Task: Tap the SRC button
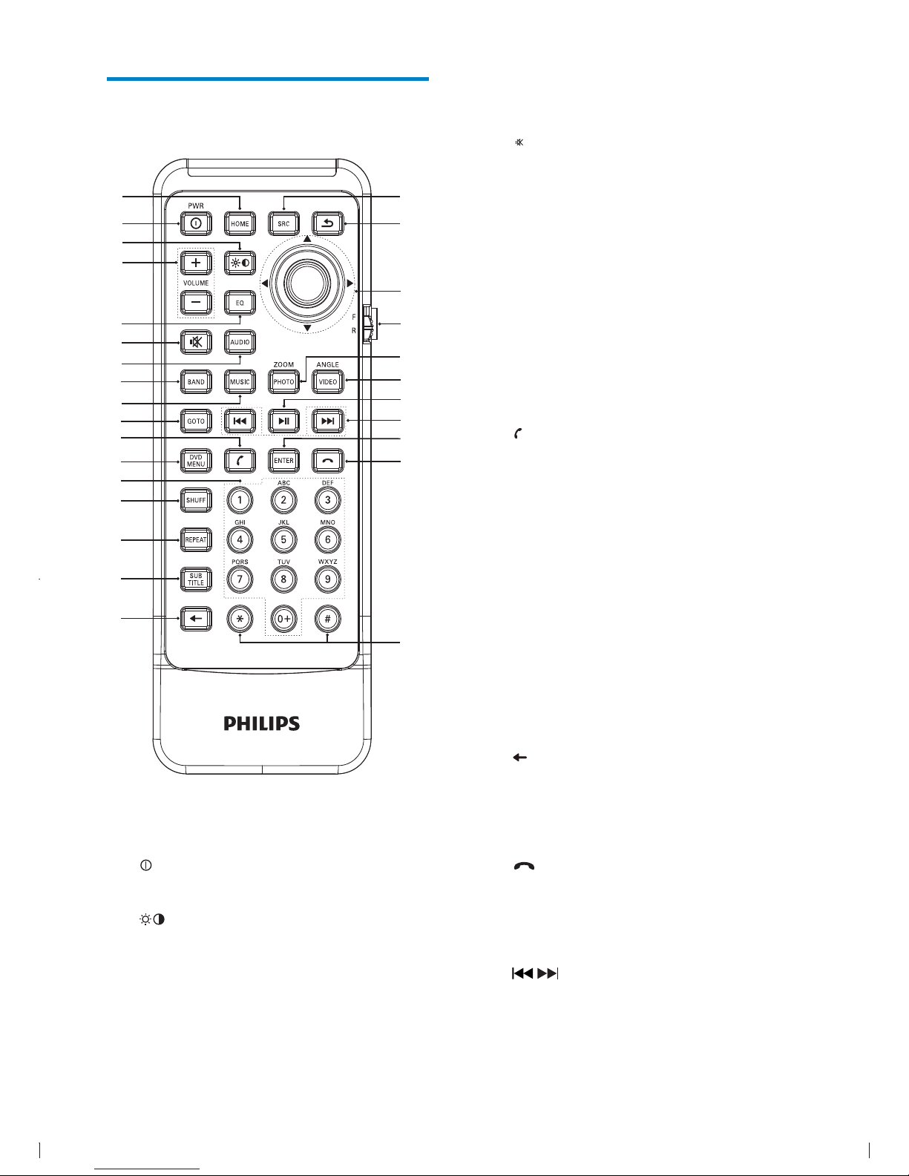tap(283, 223)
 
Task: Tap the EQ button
tap(240, 303)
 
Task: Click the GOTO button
tap(196, 421)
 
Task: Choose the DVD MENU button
tap(196, 460)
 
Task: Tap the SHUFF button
tap(196, 500)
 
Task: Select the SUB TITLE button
tap(196, 579)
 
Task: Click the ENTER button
tap(283, 460)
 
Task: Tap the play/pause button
tap(283, 421)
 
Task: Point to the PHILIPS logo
tap(262, 723)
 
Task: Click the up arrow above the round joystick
tap(307, 240)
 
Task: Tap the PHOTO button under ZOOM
tap(283, 381)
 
